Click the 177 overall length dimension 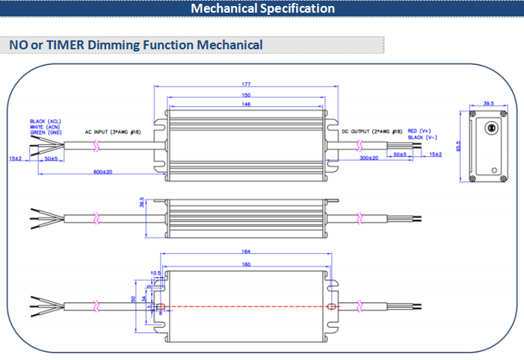click(245, 85)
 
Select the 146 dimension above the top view click(245, 105)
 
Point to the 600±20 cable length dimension click(102, 172)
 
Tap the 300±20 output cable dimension click(369, 158)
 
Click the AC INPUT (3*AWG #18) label click(117, 131)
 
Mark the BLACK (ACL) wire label click(45, 121)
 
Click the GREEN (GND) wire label click(45, 132)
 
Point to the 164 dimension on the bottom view click(245, 252)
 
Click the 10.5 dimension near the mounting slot click(155, 273)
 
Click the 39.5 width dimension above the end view click(489, 104)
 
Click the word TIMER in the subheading click(66, 45)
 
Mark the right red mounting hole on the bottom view click(330, 306)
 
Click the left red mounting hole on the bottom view click(161, 306)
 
